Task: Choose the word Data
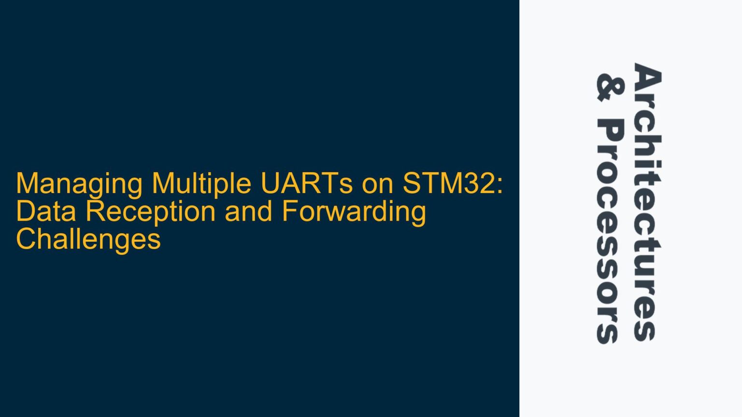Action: coord(46,211)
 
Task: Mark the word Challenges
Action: coord(88,239)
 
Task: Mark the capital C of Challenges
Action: coord(26,239)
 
